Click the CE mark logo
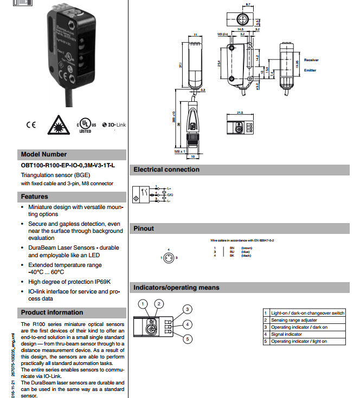tap(30, 125)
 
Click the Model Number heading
tap(43, 154)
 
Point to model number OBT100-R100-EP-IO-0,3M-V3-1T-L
tap(67, 166)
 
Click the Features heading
tap(35, 197)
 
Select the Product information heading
tap(52, 312)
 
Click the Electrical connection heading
tap(166, 169)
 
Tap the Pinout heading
tap(144, 229)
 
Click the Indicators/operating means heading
tap(176, 288)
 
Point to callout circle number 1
tap(143, 304)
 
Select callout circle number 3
tap(187, 309)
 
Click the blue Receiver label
tap(311, 60)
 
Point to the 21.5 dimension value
tap(240, 113)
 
